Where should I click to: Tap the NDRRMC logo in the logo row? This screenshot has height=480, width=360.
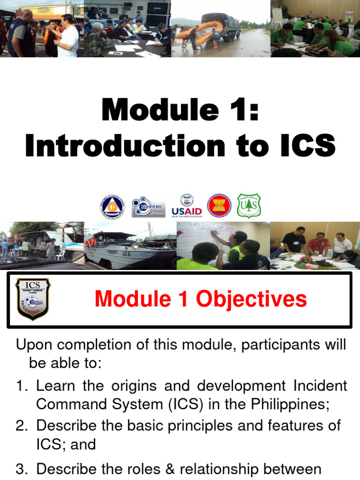click(x=148, y=206)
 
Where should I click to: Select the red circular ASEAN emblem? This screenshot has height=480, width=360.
click(x=219, y=205)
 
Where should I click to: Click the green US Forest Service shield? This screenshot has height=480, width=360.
click(x=249, y=205)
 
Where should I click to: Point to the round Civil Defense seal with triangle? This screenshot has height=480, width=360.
click(x=112, y=206)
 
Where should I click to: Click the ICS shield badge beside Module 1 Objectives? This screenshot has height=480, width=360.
click(x=33, y=299)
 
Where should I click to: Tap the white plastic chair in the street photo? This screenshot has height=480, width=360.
click(x=60, y=255)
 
